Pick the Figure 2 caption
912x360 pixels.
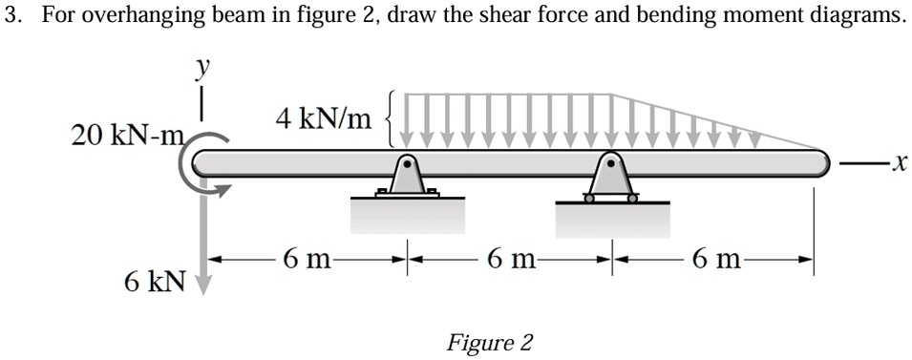(490, 342)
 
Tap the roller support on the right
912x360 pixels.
(612, 179)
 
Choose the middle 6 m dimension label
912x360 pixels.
(511, 258)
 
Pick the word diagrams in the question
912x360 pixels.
(859, 16)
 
